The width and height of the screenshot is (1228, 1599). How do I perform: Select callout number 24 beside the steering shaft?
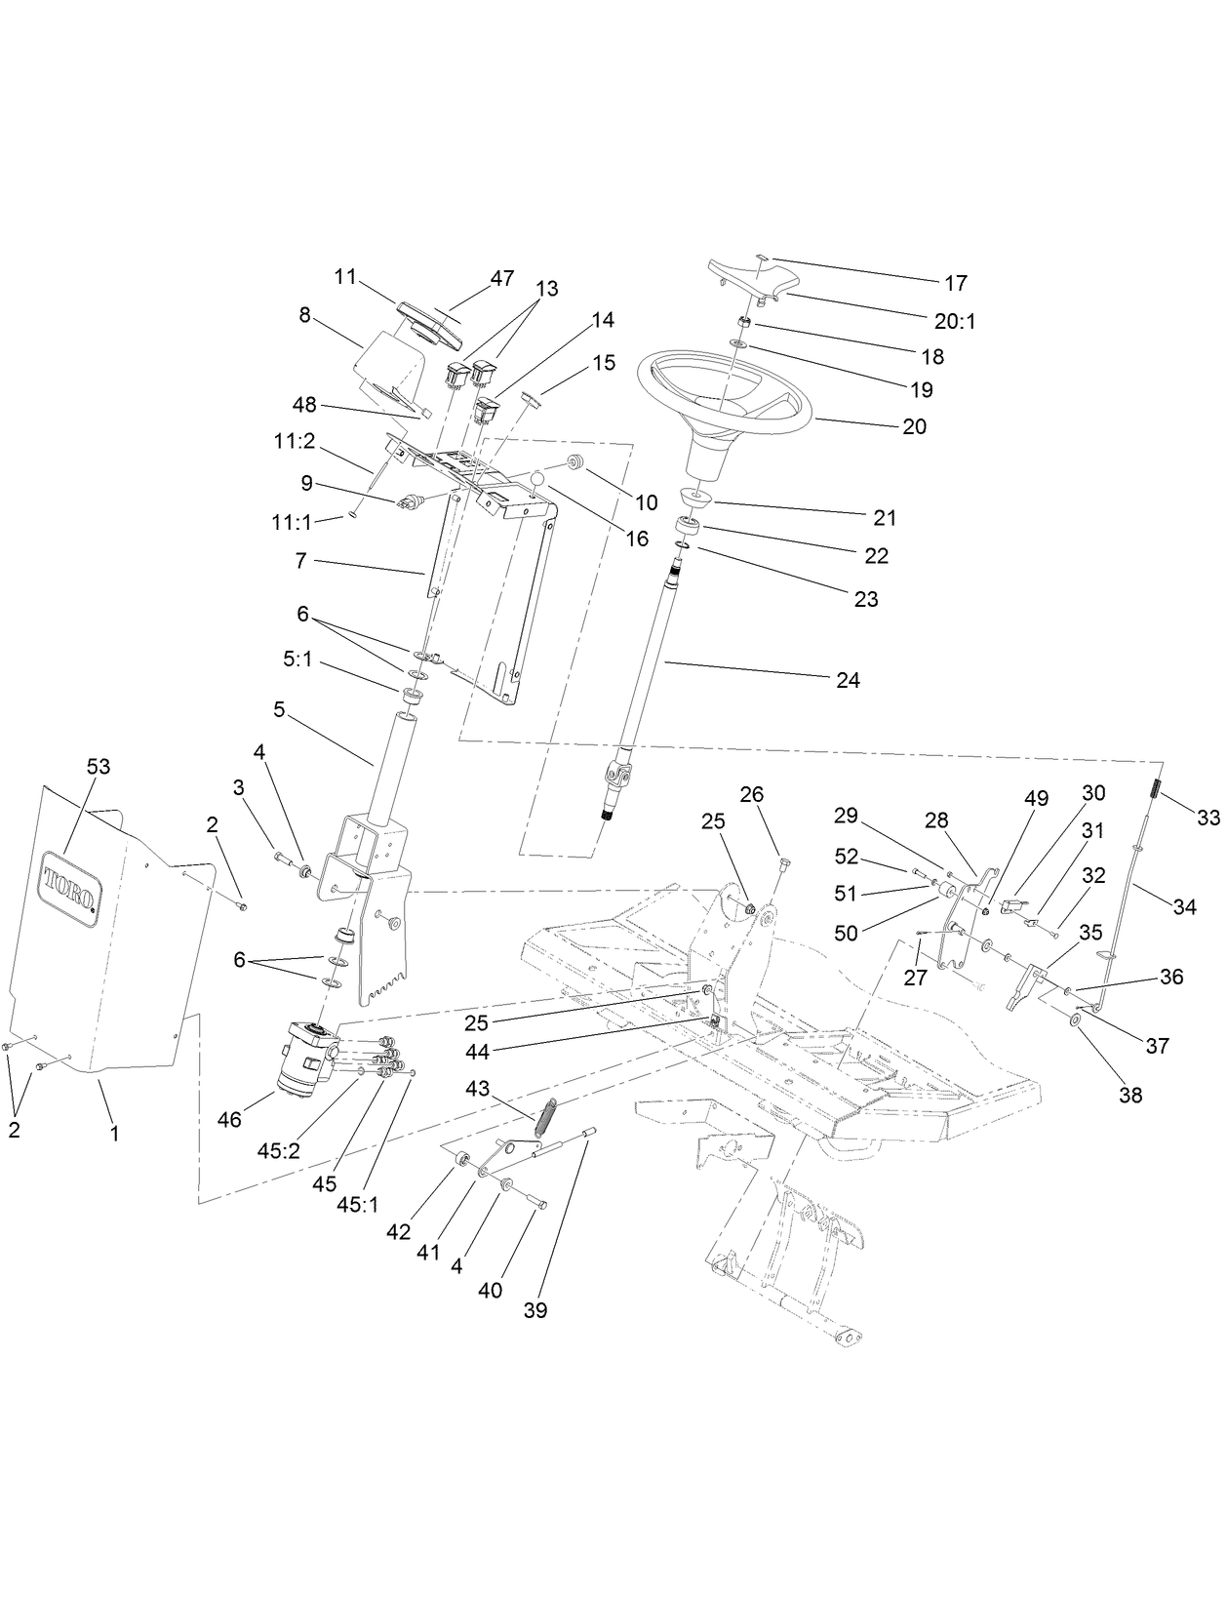pos(848,680)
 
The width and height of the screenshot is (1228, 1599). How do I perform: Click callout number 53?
pos(98,767)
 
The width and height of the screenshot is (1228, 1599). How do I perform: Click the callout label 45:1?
pos(358,1205)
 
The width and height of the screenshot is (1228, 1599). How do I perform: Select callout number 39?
pos(535,1310)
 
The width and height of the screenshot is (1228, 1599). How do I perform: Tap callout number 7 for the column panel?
pos(300,561)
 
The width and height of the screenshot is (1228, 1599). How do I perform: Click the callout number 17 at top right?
pos(955,283)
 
